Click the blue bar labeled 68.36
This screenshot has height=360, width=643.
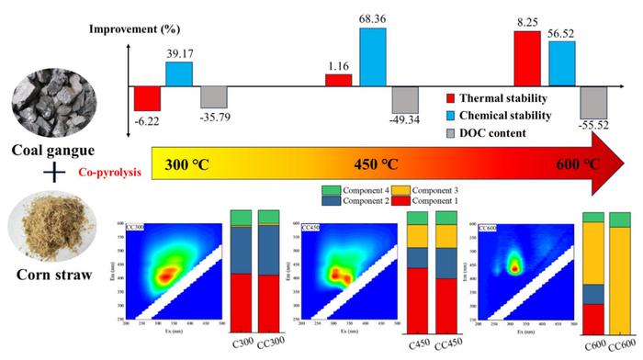click(372, 56)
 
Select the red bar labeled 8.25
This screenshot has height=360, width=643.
click(526, 58)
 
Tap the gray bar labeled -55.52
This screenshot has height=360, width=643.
click(593, 102)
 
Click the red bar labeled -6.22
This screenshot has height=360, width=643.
click(147, 97)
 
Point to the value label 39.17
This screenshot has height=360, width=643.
click(178, 54)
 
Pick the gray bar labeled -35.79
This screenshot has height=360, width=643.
click(213, 96)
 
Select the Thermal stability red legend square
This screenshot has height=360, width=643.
click(450, 97)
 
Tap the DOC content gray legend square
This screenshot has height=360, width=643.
click(450, 134)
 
